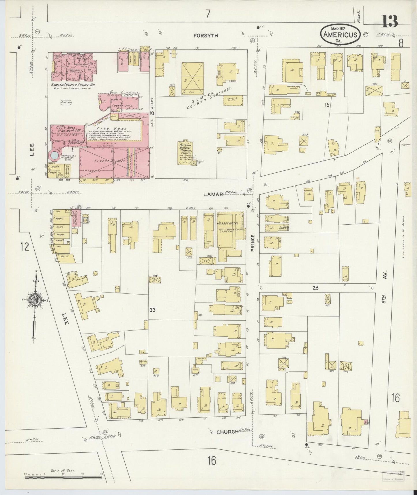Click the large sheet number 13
coord(390,21)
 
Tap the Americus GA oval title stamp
coord(340,34)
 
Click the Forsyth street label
coord(206,36)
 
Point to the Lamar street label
coord(213,194)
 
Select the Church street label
coord(227,432)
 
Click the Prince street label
coord(253,243)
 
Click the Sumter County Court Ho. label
coord(73,85)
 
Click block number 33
coord(152,310)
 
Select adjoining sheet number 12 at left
coord(25,247)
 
